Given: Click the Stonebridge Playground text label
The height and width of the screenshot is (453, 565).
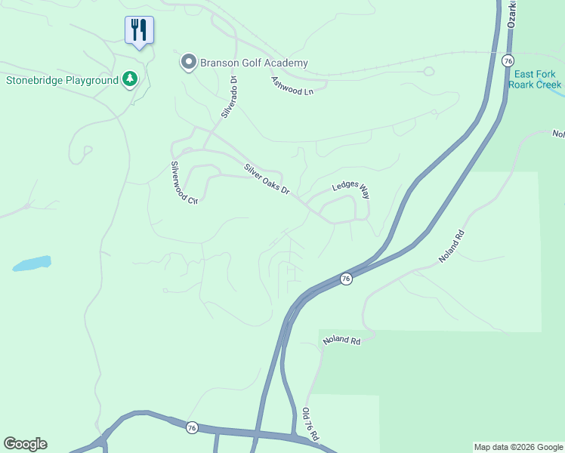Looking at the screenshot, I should (62, 80).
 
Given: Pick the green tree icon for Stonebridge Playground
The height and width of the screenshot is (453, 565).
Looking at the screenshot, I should (130, 79).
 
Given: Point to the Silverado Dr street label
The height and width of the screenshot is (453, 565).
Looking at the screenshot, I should (230, 97).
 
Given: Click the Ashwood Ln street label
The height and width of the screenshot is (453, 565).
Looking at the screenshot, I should (292, 85).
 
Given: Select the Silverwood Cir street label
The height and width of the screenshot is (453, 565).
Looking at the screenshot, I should (184, 183).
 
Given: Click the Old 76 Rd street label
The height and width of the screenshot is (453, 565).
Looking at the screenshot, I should (310, 426).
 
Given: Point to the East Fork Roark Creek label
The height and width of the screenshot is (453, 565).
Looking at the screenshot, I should (535, 79).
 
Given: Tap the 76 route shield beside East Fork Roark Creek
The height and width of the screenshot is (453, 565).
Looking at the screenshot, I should (508, 60).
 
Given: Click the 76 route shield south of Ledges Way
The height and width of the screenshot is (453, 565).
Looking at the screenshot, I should (345, 279).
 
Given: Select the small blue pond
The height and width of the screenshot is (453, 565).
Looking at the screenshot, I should (32, 263).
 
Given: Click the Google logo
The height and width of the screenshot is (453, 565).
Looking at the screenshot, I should (25, 444).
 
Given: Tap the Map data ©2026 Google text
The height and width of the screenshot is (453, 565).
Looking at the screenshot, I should (518, 447).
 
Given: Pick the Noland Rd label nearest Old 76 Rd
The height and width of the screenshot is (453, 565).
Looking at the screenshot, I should (341, 341).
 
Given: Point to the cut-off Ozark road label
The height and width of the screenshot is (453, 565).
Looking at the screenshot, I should (514, 14).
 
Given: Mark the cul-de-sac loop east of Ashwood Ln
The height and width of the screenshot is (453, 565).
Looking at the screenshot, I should (429, 72).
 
